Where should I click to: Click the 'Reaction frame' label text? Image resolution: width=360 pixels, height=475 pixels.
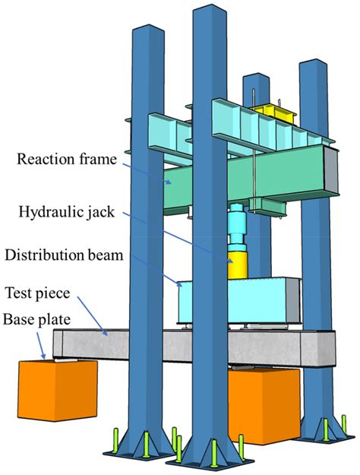click(67, 159)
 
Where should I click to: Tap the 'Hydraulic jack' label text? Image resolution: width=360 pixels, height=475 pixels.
click(67, 212)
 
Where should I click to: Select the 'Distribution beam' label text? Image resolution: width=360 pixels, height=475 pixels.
click(64, 255)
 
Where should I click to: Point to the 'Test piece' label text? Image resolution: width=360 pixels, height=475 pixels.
click(38, 293)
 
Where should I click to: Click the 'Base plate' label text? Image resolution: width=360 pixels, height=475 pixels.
click(36, 320)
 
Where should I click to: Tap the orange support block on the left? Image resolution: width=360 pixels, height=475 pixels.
click(58, 390)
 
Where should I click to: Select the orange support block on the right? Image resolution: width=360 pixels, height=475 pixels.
click(264, 406)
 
